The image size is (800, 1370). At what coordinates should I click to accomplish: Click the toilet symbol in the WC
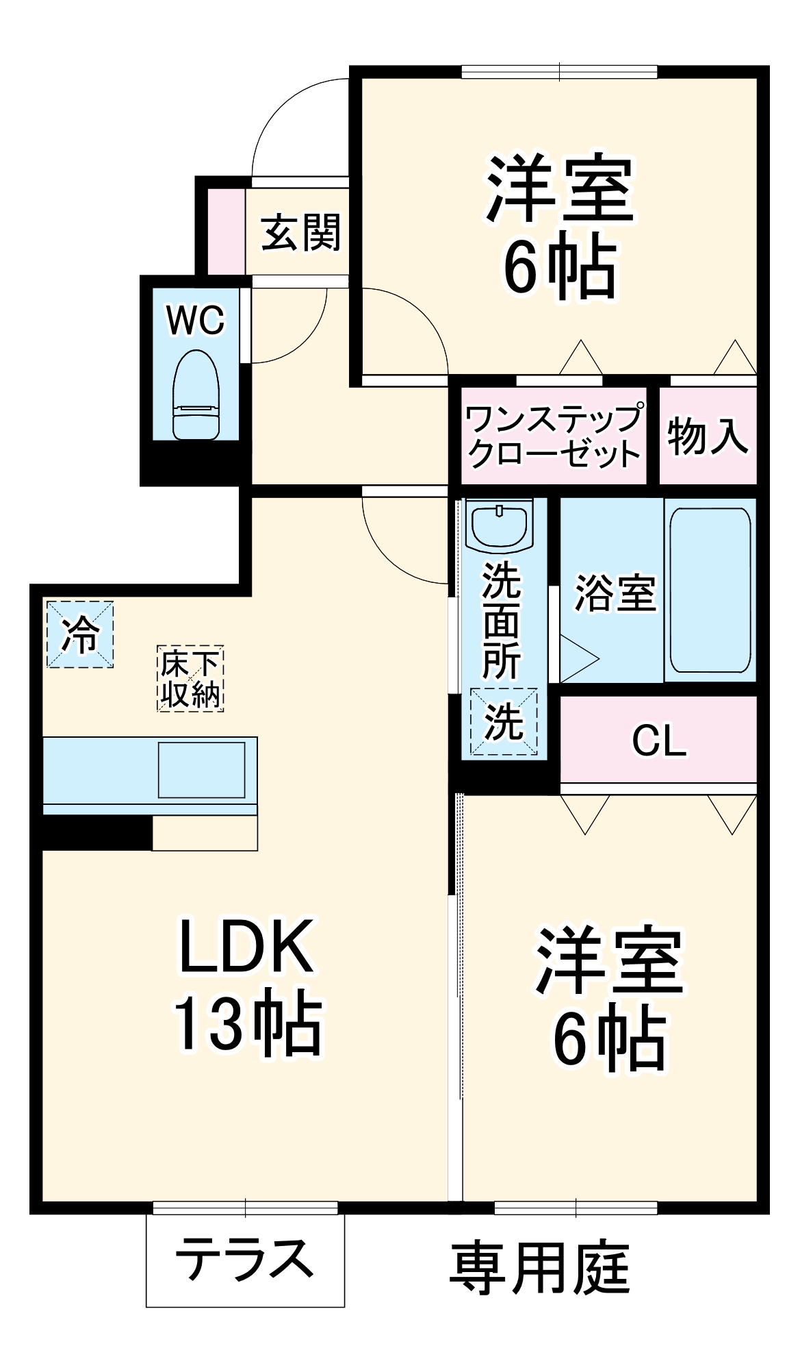pos(196,395)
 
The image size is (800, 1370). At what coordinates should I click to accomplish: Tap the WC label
pos(196,320)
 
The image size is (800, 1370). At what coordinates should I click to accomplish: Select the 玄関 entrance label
pos(301,233)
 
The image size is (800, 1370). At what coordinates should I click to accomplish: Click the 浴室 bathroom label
pos(615,593)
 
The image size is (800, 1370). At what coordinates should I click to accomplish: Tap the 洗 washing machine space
pos(504,721)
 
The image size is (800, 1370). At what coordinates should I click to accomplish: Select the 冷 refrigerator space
pos(80,634)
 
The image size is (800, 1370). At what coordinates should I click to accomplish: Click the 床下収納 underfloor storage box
pos(190,679)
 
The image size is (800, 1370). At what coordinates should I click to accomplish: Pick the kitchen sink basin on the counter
pos(202,770)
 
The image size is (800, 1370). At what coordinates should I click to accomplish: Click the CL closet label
pos(658,740)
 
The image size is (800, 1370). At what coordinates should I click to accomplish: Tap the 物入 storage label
pos(708,436)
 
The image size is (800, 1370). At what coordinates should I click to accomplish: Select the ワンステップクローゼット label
pos(554,436)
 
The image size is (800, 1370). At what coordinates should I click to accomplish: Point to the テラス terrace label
pos(244,1259)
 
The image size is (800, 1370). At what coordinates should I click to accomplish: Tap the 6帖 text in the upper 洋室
pos(560,266)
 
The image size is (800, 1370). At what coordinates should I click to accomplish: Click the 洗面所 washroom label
pos(502,621)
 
